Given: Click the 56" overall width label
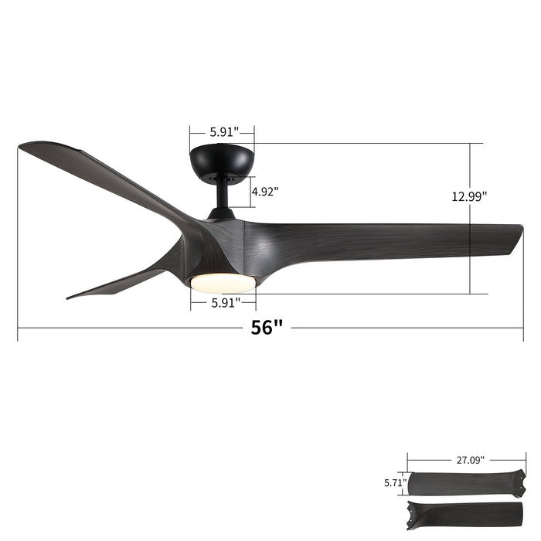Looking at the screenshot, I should point(267,328).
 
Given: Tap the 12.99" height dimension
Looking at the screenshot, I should point(469,196).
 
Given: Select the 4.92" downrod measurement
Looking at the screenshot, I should point(265,190).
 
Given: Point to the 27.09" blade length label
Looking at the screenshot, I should point(469,460).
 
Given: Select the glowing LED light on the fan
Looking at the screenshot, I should point(223,283).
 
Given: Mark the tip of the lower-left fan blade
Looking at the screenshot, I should point(71,296).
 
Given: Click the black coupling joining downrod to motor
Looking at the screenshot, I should point(222,212).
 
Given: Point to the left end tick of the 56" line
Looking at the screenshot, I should point(18,328).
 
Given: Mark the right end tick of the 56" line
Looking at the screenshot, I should point(523,328).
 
